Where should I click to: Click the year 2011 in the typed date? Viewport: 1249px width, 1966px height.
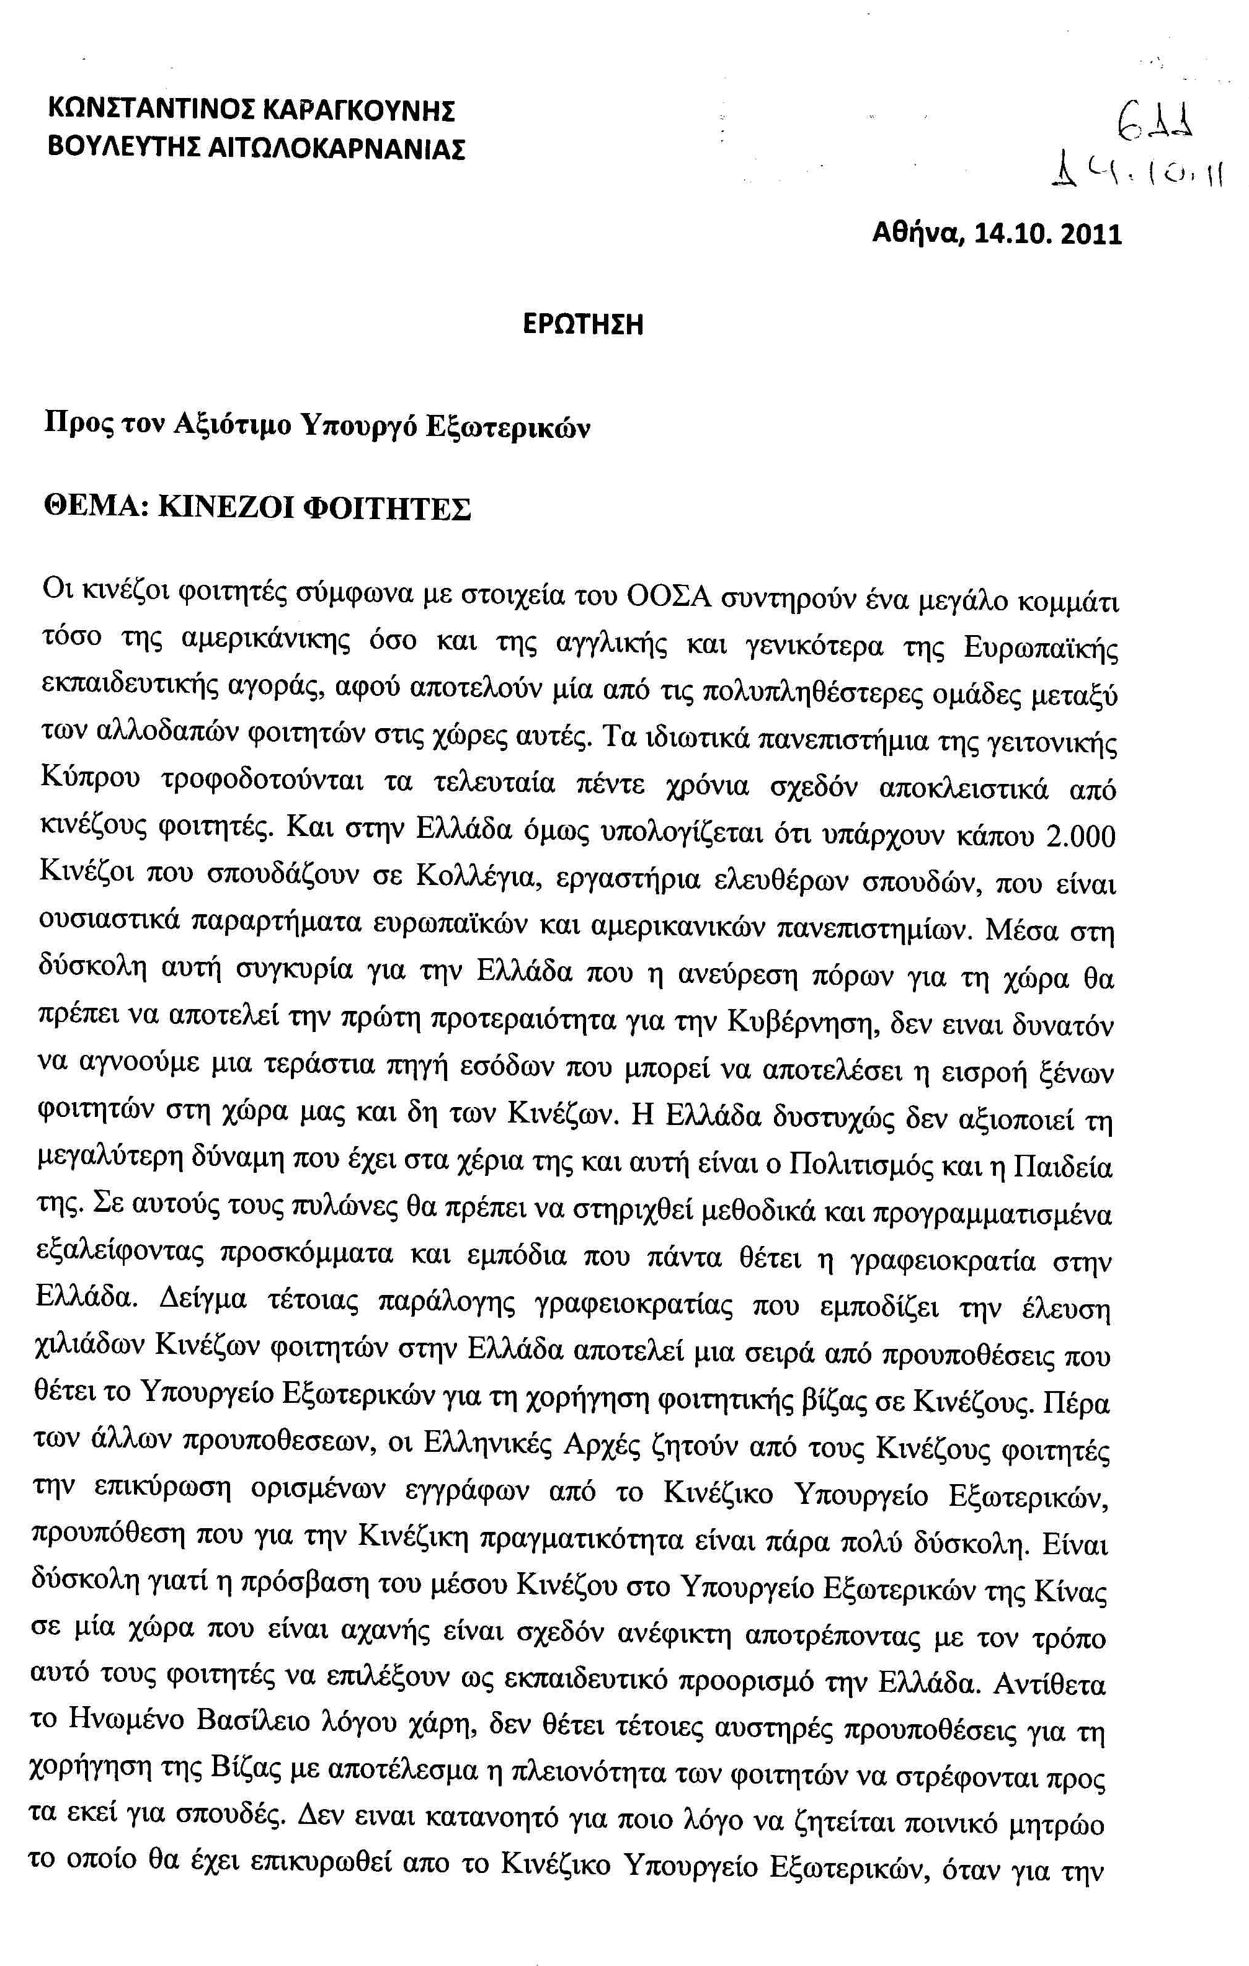point(1091,235)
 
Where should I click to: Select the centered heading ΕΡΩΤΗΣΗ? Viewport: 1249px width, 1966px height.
point(583,325)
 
